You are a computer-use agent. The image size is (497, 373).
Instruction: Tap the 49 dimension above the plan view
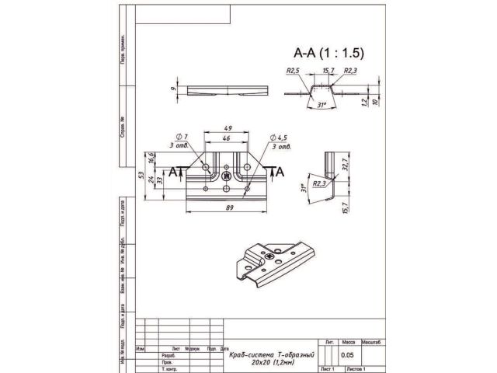click(x=228, y=127)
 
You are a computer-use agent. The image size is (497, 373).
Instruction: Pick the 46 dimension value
click(x=228, y=138)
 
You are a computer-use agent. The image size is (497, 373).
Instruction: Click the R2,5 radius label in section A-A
click(x=293, y=71)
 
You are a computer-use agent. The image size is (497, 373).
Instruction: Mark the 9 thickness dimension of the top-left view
click(x=174, y=89)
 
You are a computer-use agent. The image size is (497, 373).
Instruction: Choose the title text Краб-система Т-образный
click(x=271, y=354)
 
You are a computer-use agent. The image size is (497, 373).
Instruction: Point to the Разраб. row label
click(x=168, y=355)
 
